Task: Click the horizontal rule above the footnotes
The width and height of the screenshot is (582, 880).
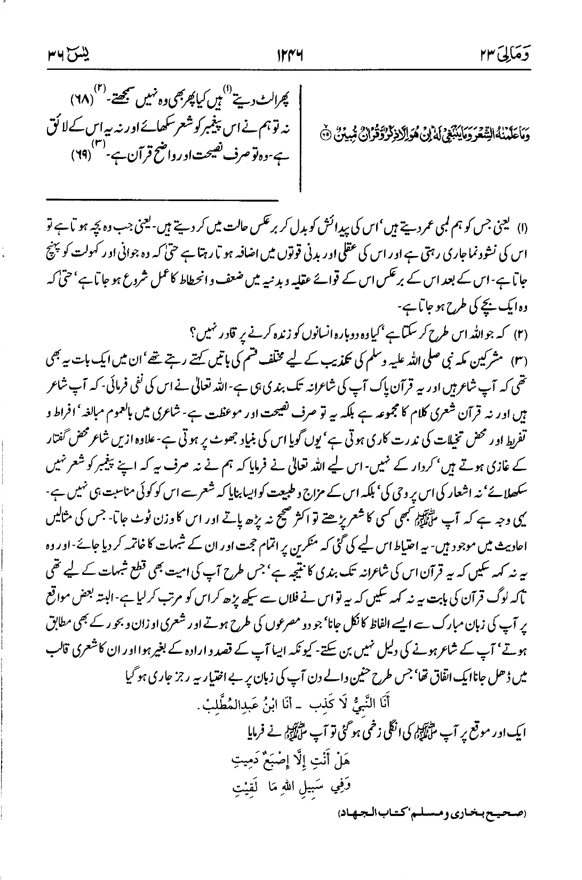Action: [162, 200]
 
